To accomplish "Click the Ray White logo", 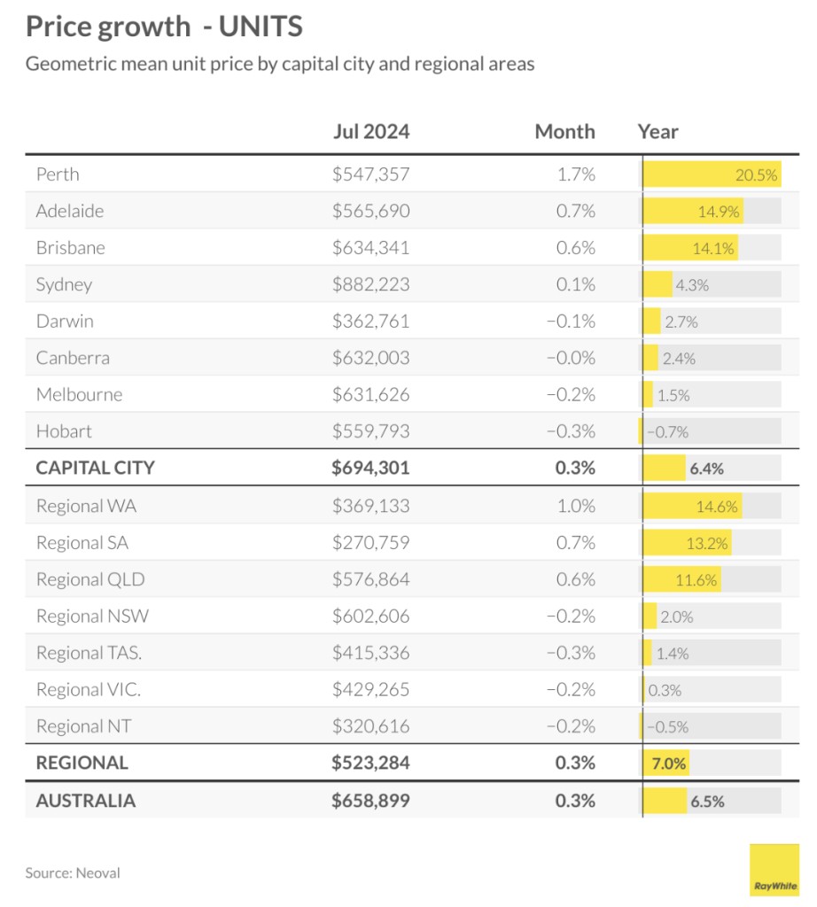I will tap(774, 870).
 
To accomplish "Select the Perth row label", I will tap(58, 174).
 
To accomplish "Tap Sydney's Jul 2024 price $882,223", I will tap(370, 285).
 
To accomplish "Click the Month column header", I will tap(564, 132).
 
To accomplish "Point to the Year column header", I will tap(657, 132).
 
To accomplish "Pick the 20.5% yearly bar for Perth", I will tap(711, 174).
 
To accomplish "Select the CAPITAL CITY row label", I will tap(95, 468).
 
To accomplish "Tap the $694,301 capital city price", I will tap(370, 468).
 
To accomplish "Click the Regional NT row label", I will tap(83, 726).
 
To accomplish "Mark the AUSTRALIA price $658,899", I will tap(370, 801).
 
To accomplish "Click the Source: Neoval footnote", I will tap(73, 872).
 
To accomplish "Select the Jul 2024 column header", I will tap(370, 132).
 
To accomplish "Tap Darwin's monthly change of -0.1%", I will tap(571, 322).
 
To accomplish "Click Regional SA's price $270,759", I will tap(370, 543).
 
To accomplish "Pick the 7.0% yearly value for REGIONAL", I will tap(669, 763).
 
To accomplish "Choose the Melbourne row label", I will tap(79, 395).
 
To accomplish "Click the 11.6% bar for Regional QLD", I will tap(682, 580).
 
